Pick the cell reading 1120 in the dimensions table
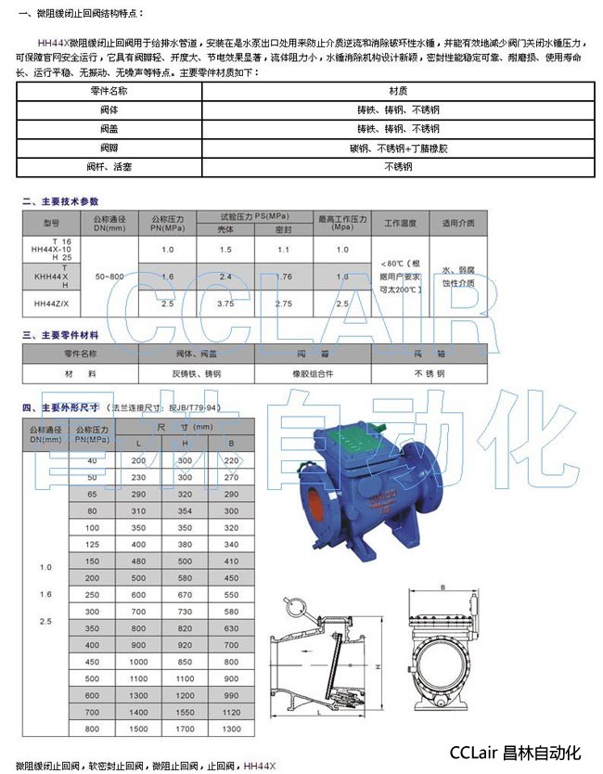pyautogui.click(x=231, y=711)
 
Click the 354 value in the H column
pyautogui.click(x=185, y=510)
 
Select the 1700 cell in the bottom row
pyautogui.click(x=185, y=729)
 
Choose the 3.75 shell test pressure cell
pyautogui.click(x=224, y=303)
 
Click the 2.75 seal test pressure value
pyautogui.click(x=283, y=303)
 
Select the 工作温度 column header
pyautogui.click(x=400, y=223)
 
